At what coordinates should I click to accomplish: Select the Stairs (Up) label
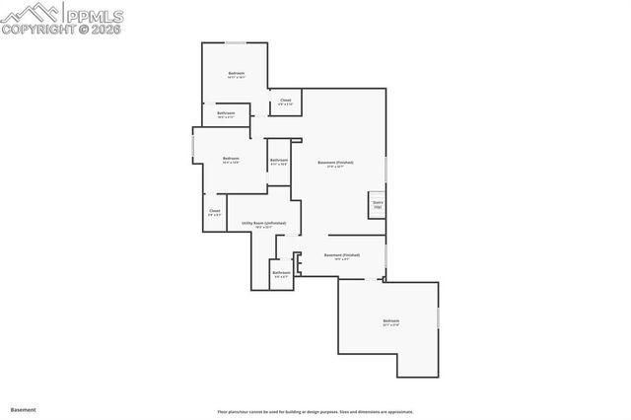(377, 205)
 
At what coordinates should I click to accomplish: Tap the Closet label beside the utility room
(214, 211)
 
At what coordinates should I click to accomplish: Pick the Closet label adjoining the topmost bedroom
(285, 101)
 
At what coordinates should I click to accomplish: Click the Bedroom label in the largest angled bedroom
(391, 321)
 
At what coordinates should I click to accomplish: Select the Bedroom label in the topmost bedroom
(236, 74)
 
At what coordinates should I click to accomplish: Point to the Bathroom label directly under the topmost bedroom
(226, 113)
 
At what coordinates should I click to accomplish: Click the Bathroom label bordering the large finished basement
(279, 161)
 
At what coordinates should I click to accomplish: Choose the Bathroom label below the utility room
(281, 273)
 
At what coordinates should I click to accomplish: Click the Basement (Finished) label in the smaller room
(342, 255)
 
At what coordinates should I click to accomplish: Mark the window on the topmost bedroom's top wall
(236, 42)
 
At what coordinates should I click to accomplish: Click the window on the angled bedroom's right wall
(438, 321)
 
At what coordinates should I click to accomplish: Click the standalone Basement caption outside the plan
(23, 408)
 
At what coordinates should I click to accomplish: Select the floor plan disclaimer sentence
(315, 412)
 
